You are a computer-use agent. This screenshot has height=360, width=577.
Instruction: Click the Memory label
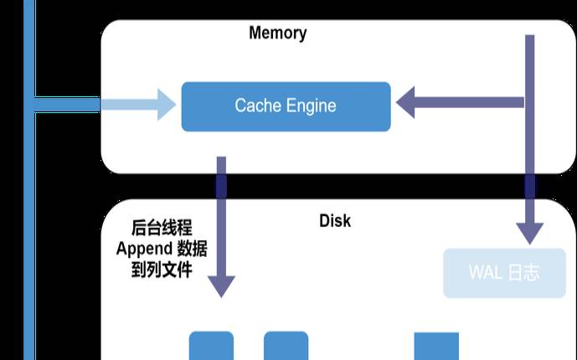coord(277,33)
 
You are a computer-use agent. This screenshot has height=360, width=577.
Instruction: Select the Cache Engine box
coord(286,106)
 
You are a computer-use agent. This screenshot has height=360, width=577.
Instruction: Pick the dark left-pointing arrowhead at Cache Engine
coord(410,104)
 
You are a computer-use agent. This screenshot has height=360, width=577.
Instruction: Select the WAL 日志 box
coord(504,273)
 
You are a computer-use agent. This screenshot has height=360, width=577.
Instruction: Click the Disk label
coord(335,222)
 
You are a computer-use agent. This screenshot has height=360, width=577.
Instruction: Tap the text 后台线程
coord(162,228)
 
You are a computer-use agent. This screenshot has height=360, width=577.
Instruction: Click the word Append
coord(143,249)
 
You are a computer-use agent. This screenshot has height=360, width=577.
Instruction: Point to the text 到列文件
coord(162,270)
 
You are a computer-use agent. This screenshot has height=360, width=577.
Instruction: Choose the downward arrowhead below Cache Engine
coord(221,284)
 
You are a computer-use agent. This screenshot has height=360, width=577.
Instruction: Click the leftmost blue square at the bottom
coord(211,346)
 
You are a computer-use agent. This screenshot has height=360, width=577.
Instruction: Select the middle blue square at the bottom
coord(286,346)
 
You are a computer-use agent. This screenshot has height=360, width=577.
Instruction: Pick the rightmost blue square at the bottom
coord(436,346)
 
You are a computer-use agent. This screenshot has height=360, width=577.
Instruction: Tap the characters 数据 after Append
coord(193,249)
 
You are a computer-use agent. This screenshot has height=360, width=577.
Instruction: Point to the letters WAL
coord(485,273)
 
